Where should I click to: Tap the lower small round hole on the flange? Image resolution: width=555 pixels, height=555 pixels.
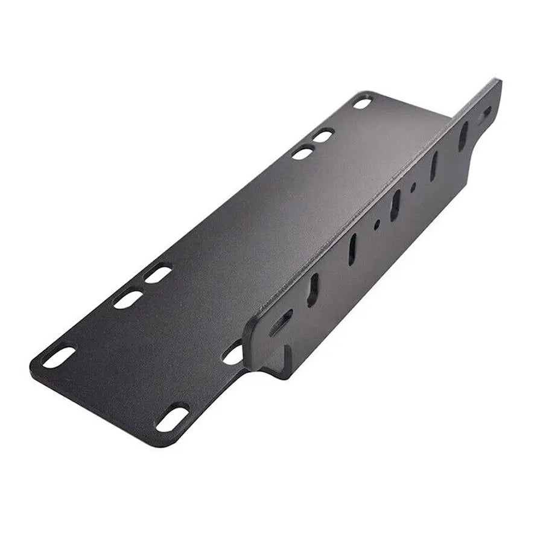(377, 224)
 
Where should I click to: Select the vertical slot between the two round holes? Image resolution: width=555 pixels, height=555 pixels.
(395, 205)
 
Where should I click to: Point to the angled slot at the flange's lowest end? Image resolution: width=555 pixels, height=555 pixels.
(281, 323)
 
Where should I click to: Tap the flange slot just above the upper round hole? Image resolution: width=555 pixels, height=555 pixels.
(434, 165)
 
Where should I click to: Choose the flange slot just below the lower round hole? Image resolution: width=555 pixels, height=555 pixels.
(352, 249)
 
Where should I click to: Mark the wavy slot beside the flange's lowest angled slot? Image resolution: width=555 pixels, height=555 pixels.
(314, 289)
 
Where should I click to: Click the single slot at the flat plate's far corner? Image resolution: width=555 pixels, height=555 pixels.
(363, 103)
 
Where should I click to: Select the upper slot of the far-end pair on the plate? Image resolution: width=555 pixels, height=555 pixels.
(323, 136)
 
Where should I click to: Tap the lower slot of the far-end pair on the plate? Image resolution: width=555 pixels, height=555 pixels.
(302, 153)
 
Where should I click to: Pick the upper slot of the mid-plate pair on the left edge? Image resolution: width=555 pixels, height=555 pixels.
(158, 274)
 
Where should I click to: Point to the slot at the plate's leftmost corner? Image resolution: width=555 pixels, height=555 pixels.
(59, 357)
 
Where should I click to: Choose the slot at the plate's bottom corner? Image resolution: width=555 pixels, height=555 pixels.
(172, 418)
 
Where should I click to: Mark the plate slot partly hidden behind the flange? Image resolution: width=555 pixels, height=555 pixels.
(233, 354)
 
